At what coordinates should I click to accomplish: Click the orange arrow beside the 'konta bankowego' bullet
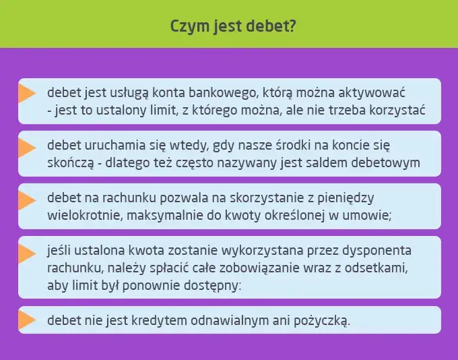tap(27, 92)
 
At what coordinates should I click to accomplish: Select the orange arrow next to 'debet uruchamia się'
tap(27, 146)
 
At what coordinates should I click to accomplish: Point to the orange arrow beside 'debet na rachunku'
tap(27, 200)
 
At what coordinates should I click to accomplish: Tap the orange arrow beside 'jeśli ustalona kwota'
tap(27, 253)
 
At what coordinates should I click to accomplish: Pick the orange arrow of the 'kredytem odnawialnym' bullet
tap(27, 319)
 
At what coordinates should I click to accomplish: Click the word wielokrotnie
tap(82, 216)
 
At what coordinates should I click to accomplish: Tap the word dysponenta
tap(377, 251)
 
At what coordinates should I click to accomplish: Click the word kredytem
tap(150, 320)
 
